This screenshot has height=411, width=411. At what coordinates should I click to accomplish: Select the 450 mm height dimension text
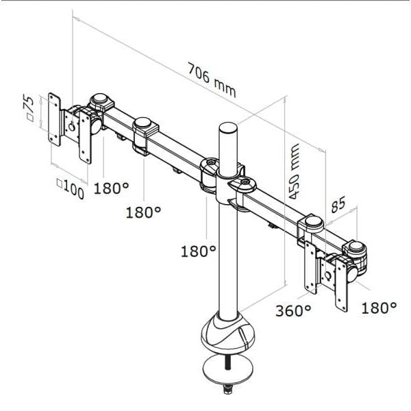pyautogui.click(x=295, y=171)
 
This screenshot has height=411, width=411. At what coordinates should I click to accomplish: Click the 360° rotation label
pyautogui.click(x=292, y=310)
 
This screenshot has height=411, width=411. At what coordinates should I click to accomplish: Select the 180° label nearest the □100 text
pyautogui.click(x=111, y=188)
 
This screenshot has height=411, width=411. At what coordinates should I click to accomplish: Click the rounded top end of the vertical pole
pyautogui.click(x=228, y=128)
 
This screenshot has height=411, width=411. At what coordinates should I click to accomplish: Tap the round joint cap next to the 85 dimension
pyautogui.click(x=313, y=222)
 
